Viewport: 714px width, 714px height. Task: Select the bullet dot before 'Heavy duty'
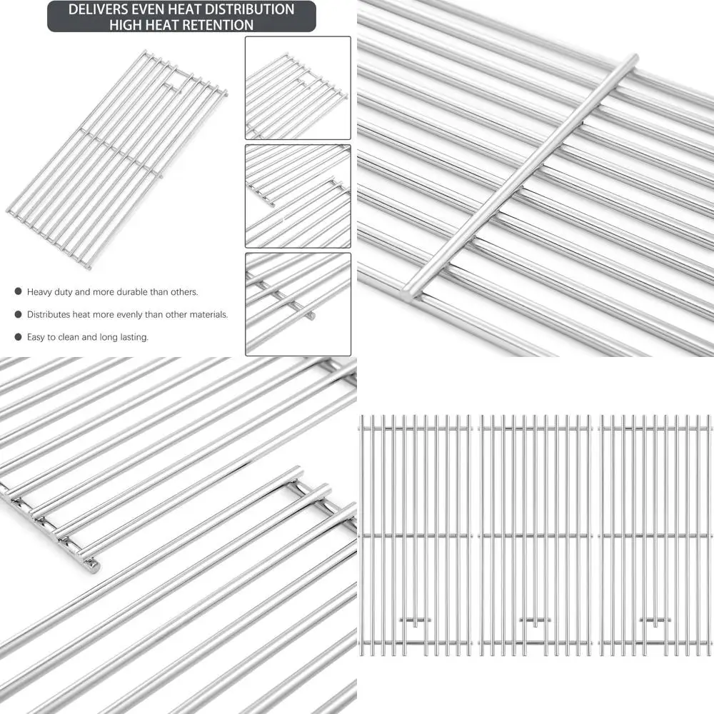[x=17, y=292]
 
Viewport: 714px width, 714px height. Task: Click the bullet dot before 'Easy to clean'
[x=17, y=337]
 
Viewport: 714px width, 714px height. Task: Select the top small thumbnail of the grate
[x=298, y=88]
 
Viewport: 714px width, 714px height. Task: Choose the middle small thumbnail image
[x=298, y=196]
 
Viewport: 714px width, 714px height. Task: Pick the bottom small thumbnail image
[x=298, y=303]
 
